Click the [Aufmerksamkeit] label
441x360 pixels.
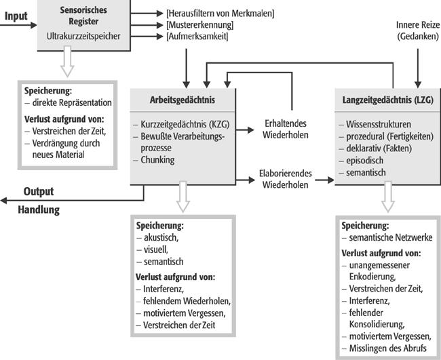[x=196, y=35]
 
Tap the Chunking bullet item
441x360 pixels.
[x=159, y=160]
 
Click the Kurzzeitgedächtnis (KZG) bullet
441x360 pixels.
[x=183, y=125]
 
